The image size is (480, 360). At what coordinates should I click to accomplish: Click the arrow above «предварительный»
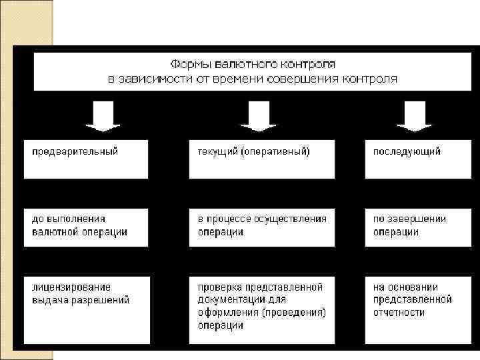[103, 116]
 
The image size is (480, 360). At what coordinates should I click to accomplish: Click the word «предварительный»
[75, 151]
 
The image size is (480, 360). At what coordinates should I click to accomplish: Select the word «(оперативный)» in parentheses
[276, 151]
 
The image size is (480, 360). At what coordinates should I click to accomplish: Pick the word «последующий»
[407, 151]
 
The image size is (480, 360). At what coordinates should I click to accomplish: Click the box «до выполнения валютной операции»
[86, 226]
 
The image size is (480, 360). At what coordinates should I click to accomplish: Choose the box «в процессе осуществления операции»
[261, 226]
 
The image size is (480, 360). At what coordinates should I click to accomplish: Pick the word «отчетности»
[399, 312]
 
